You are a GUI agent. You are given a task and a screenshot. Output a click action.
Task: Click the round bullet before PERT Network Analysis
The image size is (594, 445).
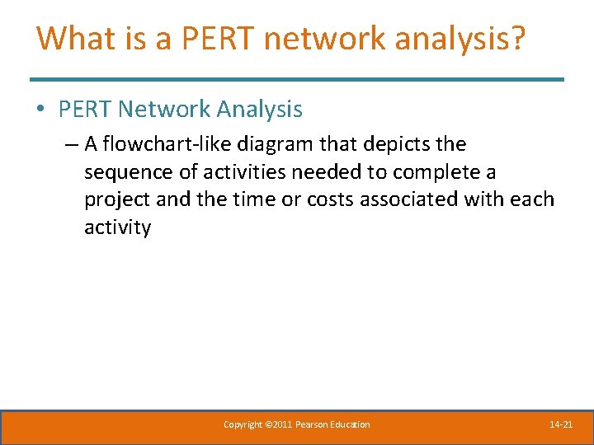point(41,110)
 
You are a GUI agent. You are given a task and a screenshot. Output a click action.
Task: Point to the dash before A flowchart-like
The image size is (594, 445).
point(70,144)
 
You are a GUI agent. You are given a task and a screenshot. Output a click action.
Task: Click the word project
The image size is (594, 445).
point(115,199)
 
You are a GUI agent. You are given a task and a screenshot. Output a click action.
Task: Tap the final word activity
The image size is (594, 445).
point(117,227)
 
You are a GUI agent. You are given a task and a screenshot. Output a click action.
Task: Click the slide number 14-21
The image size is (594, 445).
point(561,424)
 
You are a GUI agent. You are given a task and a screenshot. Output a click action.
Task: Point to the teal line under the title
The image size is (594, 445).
point(297,79)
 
